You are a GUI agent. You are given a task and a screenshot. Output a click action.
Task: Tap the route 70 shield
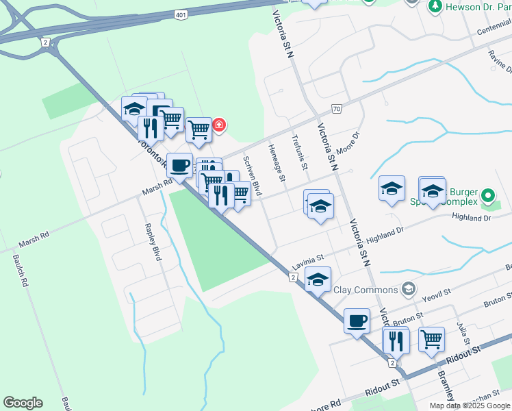[x=336, y=109]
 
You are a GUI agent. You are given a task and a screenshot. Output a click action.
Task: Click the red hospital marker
[x=219, y=125]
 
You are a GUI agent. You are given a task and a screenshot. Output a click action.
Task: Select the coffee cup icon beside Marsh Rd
[x=179, y=165]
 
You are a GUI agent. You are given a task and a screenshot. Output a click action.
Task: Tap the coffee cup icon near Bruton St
[x=356, y=321]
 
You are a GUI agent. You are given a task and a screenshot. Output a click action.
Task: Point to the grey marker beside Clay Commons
[x=409, y=288]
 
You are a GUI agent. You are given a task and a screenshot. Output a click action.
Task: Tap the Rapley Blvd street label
[x=153, y=242]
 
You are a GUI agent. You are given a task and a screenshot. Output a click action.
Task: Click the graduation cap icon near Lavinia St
[x=318, y=279]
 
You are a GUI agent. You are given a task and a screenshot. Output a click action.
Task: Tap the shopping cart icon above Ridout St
[x=431, y=339]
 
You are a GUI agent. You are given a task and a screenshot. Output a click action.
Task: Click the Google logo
[x=23, y=403]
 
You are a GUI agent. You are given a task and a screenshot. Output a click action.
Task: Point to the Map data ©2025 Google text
[x=470, y=406]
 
